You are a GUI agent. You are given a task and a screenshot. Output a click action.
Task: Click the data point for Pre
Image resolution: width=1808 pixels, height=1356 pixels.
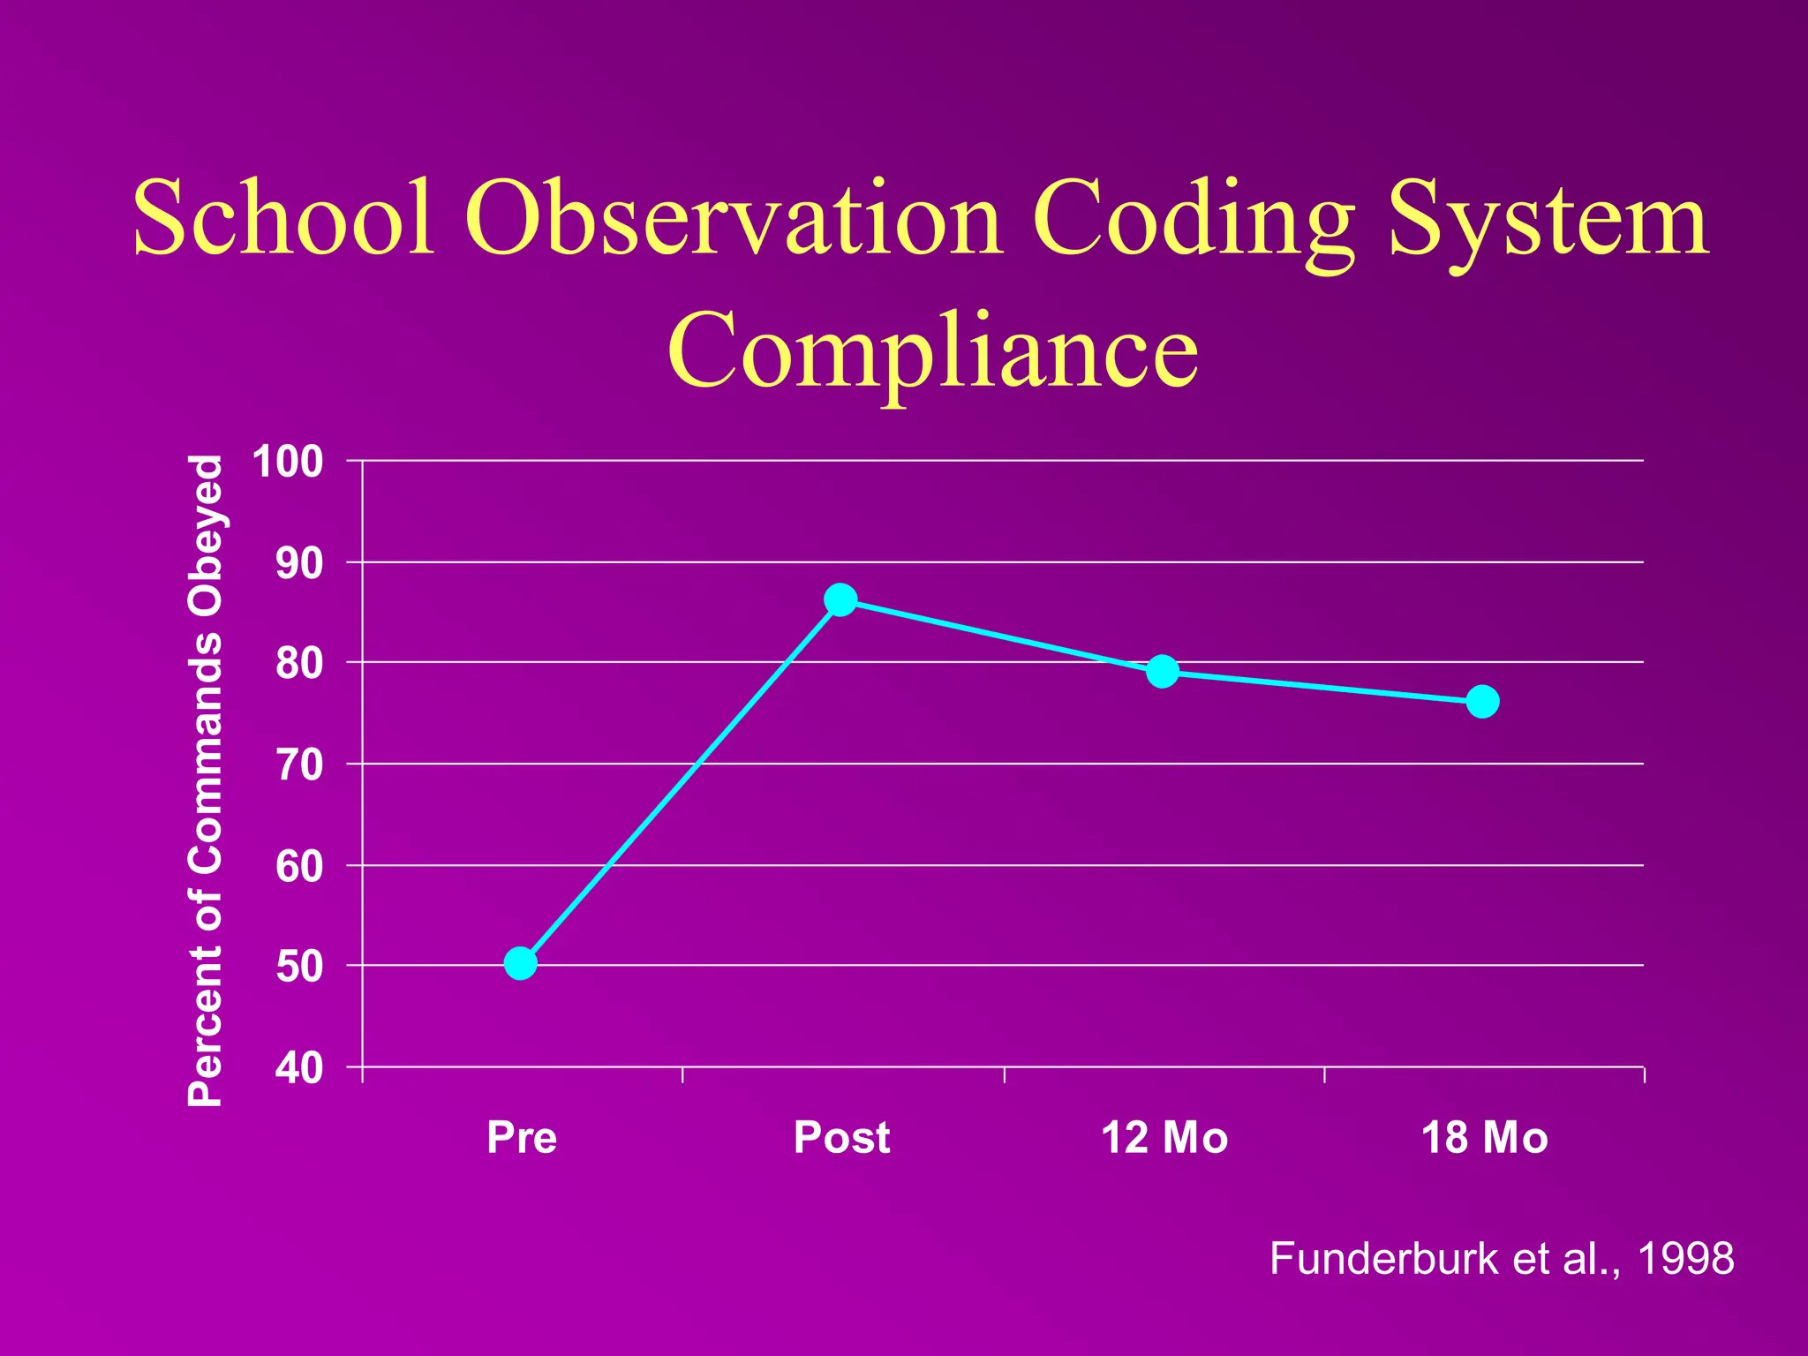pyautogui.click(x=521, y=963)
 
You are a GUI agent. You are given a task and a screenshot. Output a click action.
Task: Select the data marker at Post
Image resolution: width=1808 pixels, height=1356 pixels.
pyautogui.click(x=840, y=600)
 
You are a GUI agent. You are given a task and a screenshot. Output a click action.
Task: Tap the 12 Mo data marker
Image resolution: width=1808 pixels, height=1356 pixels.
pyautogui.click(x=1163, y=672)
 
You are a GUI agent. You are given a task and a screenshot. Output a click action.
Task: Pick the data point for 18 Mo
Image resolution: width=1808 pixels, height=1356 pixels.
pyautogui.click(x=1482, y=702)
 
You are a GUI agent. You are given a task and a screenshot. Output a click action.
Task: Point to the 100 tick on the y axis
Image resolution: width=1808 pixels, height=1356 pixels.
pyautogui.click(x=288, y=462)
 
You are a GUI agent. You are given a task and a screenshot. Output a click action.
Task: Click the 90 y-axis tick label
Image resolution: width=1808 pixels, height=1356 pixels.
pyautogui.click(x=299, y=563)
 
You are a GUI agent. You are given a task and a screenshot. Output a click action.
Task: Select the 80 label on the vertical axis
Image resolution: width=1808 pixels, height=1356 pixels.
pyautogui.click(x=299, y=664)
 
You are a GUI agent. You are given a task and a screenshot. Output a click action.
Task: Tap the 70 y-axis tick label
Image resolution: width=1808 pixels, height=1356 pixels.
pyautogui.click(x=299, y=765)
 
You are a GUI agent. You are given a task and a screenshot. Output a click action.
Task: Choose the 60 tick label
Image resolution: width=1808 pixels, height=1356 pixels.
pyautogui.click(x=299, y=866)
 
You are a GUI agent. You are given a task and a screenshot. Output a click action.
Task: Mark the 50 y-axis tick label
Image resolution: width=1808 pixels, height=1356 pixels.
pyautogui.click(x=299, y=967)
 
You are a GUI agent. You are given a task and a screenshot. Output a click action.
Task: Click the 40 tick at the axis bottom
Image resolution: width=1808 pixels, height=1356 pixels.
pyautogui.click(x=299, y=1068)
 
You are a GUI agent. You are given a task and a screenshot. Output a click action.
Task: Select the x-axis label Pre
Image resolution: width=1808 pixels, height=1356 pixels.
pyautogui.click(x=522, y=1137)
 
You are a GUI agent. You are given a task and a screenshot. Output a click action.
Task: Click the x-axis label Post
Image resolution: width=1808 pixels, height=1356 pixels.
pyautogui.click(x=841, y=1137)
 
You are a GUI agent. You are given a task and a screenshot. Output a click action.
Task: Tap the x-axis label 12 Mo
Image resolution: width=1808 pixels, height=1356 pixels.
pyautogui.click(x=1164, y=1137)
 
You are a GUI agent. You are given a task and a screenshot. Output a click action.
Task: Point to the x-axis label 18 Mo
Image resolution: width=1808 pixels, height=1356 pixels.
pyautogui.click(x=1484, y=1137)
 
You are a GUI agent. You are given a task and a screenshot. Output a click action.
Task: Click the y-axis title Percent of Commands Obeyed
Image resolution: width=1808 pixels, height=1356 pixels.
pyautogui.click(x=206, y=780)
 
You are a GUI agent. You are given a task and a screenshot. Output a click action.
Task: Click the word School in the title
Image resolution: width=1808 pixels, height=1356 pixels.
pyautogui.click(x=284, y=217)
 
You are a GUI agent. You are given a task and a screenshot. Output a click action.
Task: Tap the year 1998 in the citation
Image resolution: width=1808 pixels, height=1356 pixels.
pyautogui.click(x=1685, y=1258)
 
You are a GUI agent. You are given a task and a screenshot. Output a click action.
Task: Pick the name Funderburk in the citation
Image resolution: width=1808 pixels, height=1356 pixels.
pyautogui.click(x=1383, y=1258)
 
